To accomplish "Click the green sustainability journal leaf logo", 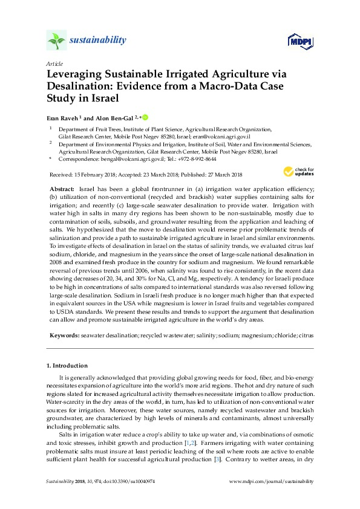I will coord(56,41).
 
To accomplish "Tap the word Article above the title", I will coord(54,63).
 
